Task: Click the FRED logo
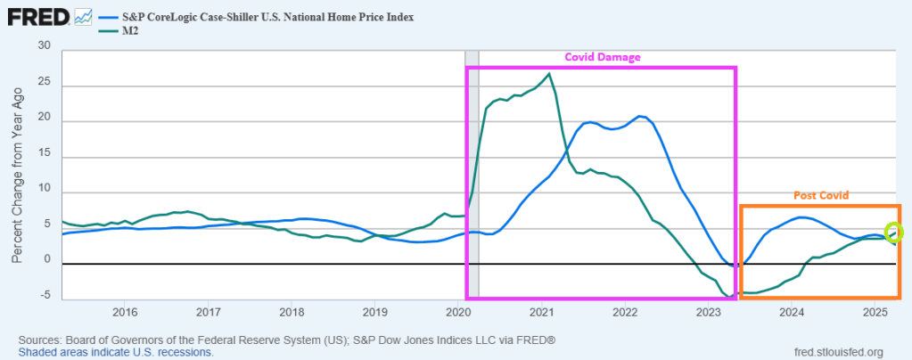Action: click(x=37, y=16)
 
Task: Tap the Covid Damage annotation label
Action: click(x=603, y=57)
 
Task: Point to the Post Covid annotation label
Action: click(x=820, y=195)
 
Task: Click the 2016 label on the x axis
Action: click(x=125, y=312)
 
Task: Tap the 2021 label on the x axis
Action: click(x=542, y=312)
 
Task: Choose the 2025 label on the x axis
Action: click(x=875, y=312)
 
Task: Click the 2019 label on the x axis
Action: click(x=375, y=312)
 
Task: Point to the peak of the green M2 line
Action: click(x=549, y=74)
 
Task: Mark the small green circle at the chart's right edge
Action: click(x=894, y=233)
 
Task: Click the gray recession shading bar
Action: click(x=472, y=178)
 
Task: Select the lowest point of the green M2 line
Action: click(x=729, y=297)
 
